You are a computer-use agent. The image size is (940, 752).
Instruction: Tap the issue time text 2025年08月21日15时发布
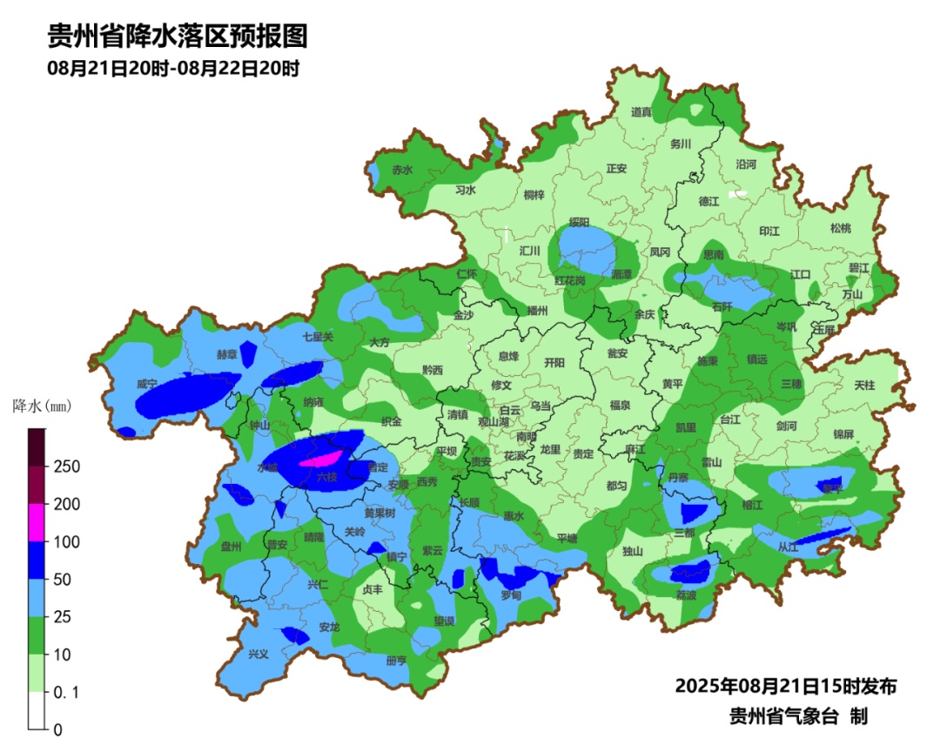pos(785,687)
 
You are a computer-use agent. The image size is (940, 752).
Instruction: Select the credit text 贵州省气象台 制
pos(798,716)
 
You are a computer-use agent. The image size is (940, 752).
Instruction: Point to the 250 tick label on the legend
pos(67,467)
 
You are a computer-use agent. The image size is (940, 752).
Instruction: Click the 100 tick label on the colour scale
pos(67,541)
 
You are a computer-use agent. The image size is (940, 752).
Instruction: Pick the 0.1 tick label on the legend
pos(66,693)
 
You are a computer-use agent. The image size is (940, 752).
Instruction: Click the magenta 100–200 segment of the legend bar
pos(37,522)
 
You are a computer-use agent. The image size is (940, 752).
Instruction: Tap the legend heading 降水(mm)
pos(41,406)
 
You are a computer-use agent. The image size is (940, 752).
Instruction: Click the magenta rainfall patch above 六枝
pos(320,458)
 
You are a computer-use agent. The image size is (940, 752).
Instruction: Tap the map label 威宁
pos(148,384)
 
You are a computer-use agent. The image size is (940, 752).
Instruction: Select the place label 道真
pos(641,111)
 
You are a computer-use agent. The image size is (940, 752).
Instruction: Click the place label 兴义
pos(258,654)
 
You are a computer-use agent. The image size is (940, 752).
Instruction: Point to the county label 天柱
pos(864,384)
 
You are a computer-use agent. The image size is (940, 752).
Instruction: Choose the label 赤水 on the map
pos(401,170)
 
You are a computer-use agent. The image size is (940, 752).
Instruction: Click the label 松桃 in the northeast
pos(840,229)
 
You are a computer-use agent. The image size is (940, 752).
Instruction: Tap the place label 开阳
pos(554,362)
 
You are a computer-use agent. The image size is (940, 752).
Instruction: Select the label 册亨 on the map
pos(396,661)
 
